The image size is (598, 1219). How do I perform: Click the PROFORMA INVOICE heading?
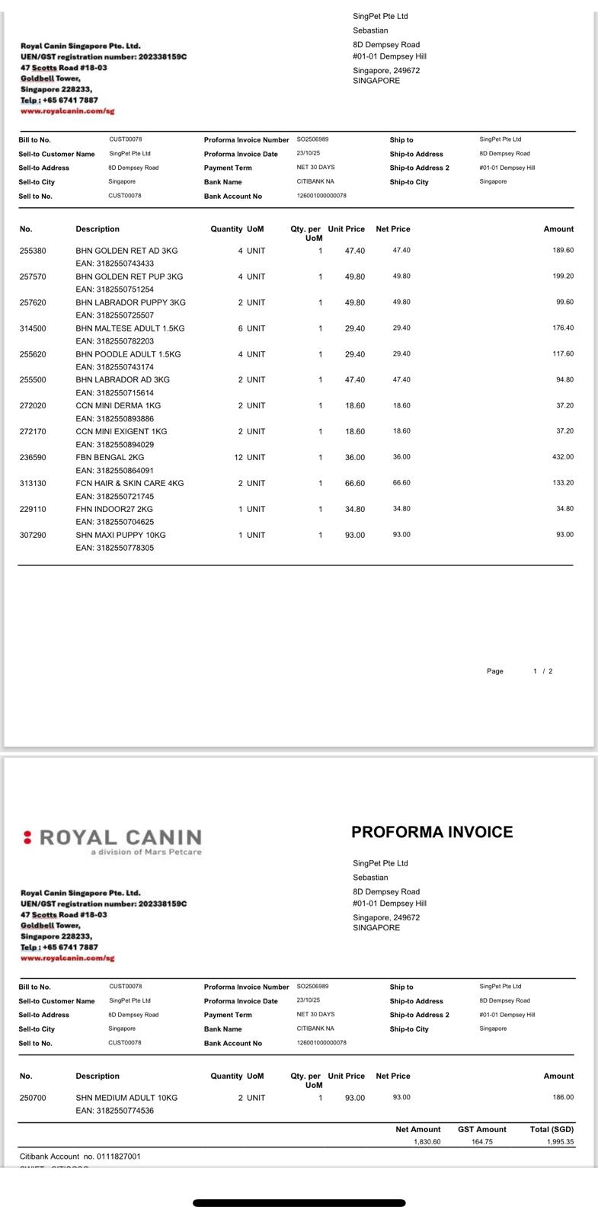point(432,832)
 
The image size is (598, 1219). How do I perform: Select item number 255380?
point(33,251)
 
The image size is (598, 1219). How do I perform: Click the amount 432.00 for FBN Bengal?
point(563,457)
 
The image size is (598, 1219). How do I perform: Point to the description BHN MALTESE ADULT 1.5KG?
point(130,328)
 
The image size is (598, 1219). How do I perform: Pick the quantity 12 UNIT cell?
point(250,457)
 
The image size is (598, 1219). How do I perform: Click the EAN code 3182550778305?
point(114,548)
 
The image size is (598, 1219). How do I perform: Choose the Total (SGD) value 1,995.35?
point(560,1142)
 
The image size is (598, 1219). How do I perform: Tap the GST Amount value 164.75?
point(481,1142)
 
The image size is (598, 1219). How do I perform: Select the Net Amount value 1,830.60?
point(427,1142)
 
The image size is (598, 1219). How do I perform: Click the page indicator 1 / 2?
point(543,671)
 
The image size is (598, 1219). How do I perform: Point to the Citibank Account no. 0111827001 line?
point(80,1157)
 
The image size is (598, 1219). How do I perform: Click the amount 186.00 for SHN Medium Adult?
point(563,1097)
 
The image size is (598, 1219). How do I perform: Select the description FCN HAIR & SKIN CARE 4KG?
point(130,483)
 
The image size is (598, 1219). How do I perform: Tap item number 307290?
point(33,535)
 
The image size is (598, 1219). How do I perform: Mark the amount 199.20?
point(563,276)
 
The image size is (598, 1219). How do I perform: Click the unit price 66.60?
point(354,483)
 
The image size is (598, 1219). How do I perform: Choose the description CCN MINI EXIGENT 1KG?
point(121,431)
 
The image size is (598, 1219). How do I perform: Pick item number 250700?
point(33,1098)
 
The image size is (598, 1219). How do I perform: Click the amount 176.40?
point(563,328)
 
